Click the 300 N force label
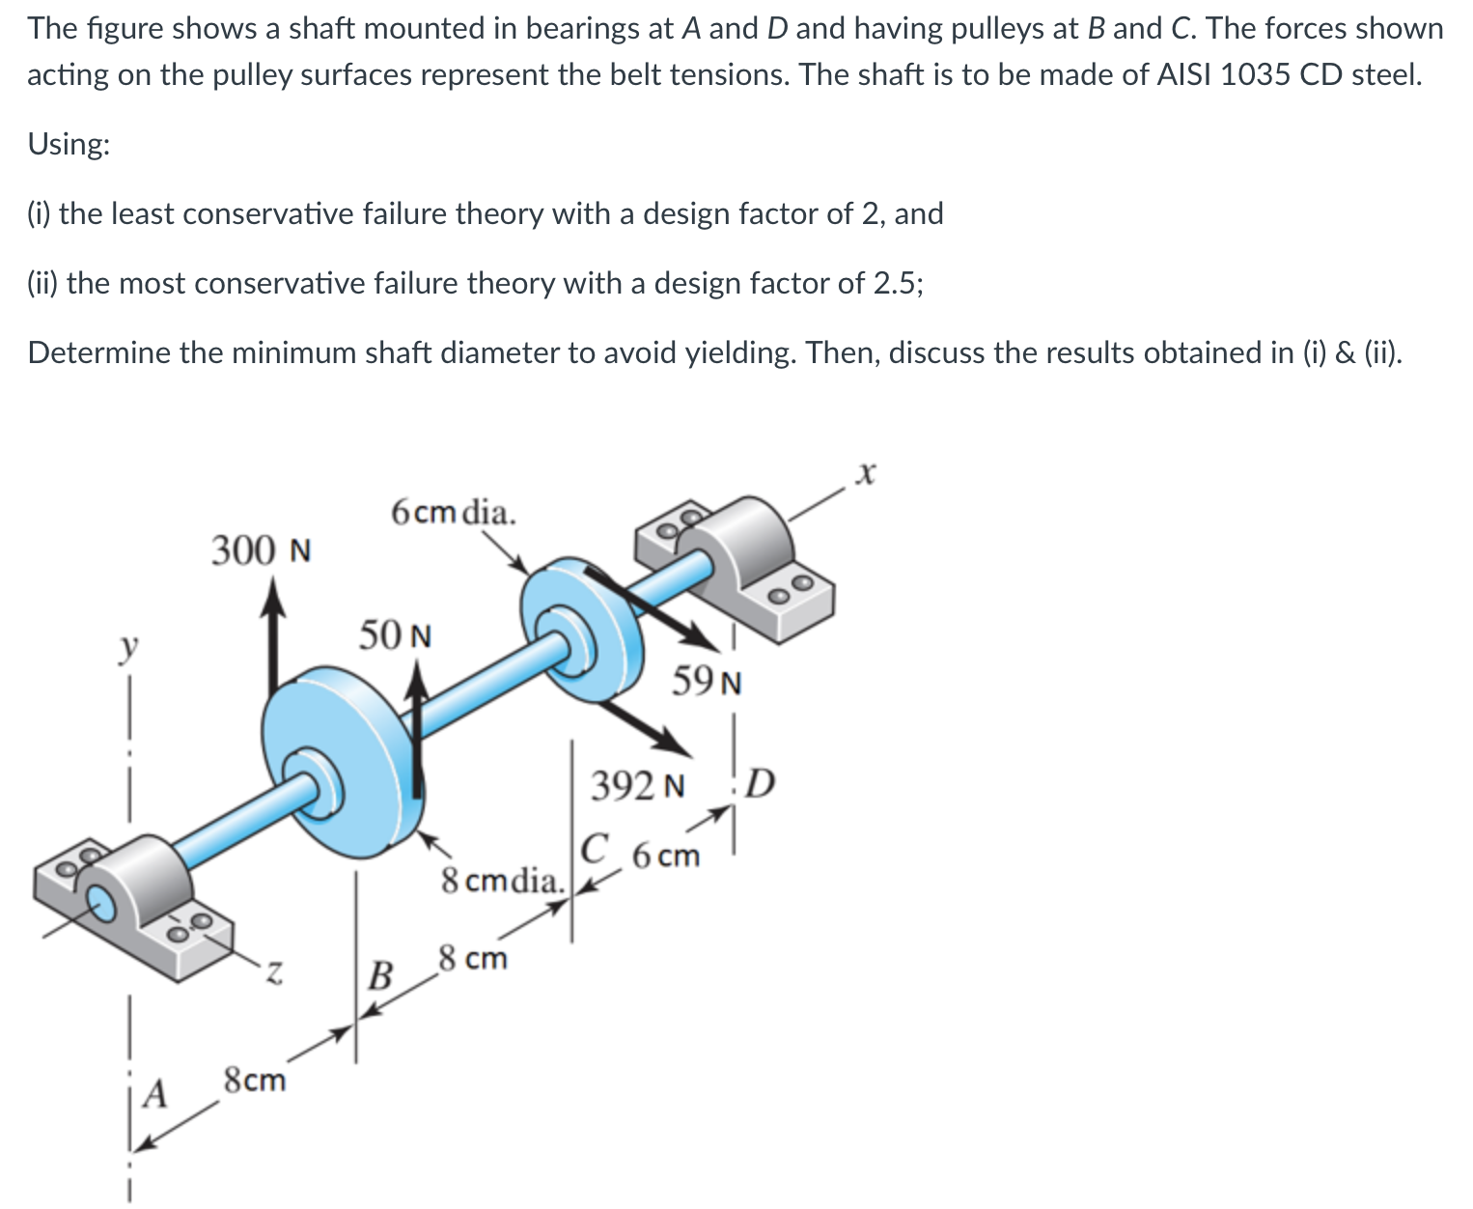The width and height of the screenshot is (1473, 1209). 261,551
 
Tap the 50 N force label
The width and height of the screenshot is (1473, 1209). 396,636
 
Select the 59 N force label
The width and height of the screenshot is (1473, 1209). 707,682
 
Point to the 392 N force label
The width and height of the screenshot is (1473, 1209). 638,786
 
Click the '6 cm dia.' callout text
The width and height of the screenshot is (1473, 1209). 454,511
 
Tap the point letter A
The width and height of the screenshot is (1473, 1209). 154,1094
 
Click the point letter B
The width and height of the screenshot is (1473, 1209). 381,975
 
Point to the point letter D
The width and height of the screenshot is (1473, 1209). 761,783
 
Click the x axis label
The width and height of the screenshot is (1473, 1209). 867,473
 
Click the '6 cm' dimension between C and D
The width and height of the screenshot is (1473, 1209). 666,856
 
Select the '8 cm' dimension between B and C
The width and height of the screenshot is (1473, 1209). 471,959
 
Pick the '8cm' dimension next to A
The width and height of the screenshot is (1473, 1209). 255,1080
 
